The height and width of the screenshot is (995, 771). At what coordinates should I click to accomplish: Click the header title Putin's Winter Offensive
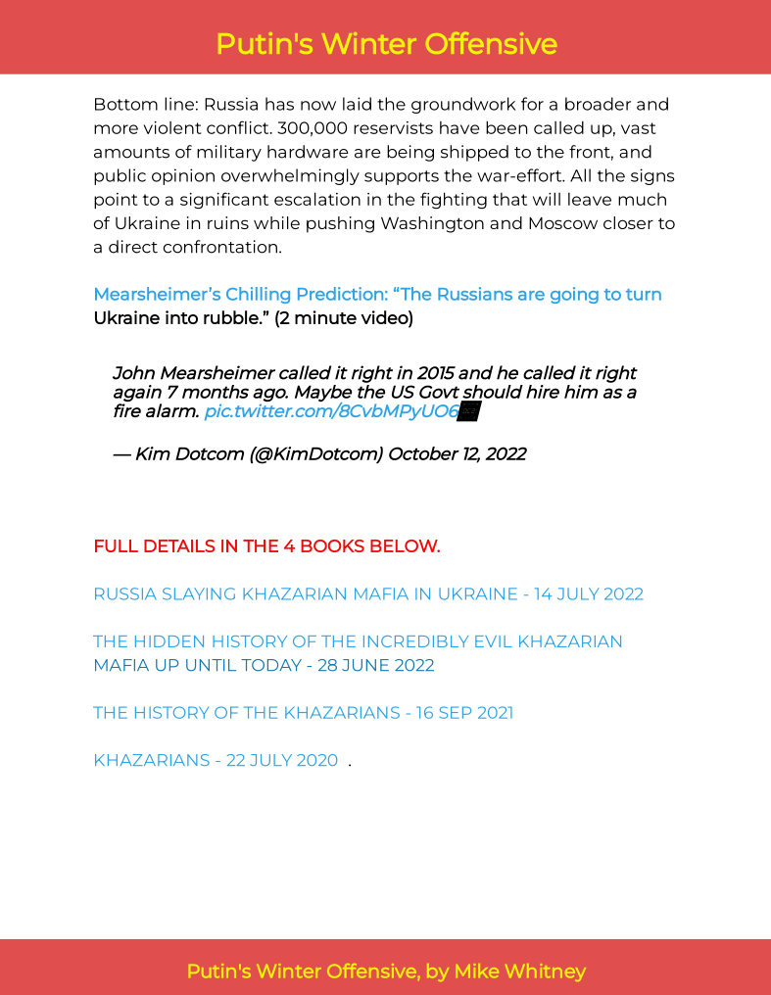386,44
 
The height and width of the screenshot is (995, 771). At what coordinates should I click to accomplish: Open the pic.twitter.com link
331,411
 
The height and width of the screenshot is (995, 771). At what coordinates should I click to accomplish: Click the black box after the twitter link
469,411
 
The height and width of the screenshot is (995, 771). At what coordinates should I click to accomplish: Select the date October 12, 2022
458,453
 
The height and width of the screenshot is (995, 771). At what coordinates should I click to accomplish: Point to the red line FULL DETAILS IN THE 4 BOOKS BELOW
266,546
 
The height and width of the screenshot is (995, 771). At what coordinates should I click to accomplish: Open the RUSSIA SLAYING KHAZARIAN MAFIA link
367,594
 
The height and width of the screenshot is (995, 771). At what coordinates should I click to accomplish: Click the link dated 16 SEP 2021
303,713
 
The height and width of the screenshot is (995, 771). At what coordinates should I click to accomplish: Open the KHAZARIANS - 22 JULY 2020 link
216,761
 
